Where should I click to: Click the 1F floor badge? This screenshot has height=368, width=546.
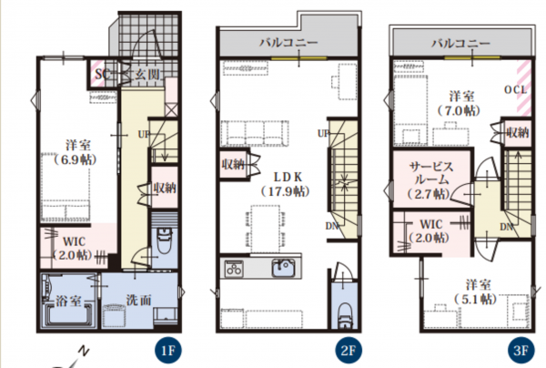[x=168, y=350]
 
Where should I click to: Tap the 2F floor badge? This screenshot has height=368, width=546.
[x=349, y=350]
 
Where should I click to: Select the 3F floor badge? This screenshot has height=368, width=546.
[x=521, y=350]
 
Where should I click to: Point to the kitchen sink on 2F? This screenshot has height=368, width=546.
[x=283, y=268]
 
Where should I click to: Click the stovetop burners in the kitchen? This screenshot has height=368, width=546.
[x=234, y=269]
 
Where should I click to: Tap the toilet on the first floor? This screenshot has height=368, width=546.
[x=164, y=240]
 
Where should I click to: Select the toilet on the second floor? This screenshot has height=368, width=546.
[x=345, y=315]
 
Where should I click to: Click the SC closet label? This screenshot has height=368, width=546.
[x=103, y=74]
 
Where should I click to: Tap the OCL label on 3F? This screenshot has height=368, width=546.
[x=516, y=89]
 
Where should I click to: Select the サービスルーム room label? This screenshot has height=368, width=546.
[x=431, y=174]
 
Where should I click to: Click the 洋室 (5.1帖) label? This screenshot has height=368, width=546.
[x=476, y=291]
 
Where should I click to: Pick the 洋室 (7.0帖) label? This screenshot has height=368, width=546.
[x=460, y=104]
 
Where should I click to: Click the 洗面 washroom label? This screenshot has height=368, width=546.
[x=138, y=300]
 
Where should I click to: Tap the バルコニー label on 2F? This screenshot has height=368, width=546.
[x=289, y=43]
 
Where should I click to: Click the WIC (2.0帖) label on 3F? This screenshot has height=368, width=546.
[x=430, y=230]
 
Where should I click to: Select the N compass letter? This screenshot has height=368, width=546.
[x=83, y=351]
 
